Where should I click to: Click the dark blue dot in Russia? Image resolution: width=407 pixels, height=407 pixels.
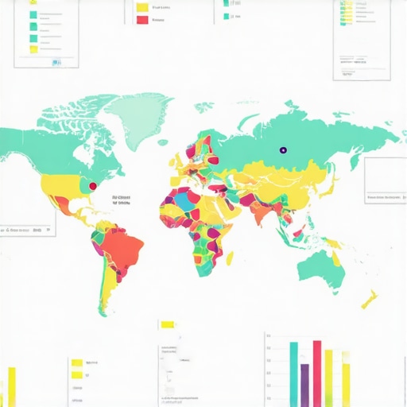(281, 149)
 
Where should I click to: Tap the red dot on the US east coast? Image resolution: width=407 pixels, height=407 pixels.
(92, 186)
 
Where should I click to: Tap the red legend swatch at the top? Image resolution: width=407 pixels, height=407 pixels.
(142, 20)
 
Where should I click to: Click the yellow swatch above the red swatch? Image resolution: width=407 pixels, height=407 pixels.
(142, 7)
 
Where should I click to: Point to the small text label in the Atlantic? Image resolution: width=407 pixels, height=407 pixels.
(124, 200)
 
